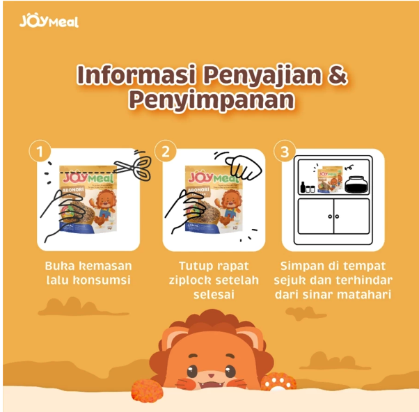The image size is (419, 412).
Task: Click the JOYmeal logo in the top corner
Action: point(49,21)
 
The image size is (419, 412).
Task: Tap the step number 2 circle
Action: point(166,151)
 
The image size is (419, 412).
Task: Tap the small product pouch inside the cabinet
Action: point(326,179)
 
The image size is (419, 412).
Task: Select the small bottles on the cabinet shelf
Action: point(307,187)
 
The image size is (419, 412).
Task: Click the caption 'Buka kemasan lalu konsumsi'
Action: point(88,273)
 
